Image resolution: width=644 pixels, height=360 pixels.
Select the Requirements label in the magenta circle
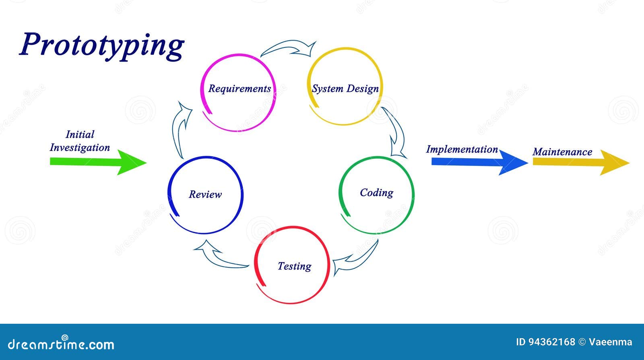[x=239, y=89]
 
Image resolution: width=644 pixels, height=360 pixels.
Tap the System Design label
[x=345, y=89]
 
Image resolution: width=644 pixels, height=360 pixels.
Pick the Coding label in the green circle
[x=377, y=192]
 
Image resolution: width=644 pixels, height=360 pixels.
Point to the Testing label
[x=294, y=266]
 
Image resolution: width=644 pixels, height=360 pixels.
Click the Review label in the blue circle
[x=205, y=194]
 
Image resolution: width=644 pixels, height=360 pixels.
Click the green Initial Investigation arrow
[x=98, y=162]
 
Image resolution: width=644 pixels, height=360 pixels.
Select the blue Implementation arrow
[x=479, y=162]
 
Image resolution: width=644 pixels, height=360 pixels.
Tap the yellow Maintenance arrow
[x=581, y=162]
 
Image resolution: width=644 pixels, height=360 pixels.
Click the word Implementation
[x=462, y=149]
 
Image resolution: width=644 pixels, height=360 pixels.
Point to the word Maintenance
[x=562, y=151]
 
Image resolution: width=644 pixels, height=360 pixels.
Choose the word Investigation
[x=80, y=147]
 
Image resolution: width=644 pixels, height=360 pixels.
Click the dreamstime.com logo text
[x=61, y=343]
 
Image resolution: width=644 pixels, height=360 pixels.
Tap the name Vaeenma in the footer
[x=610, y=342]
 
